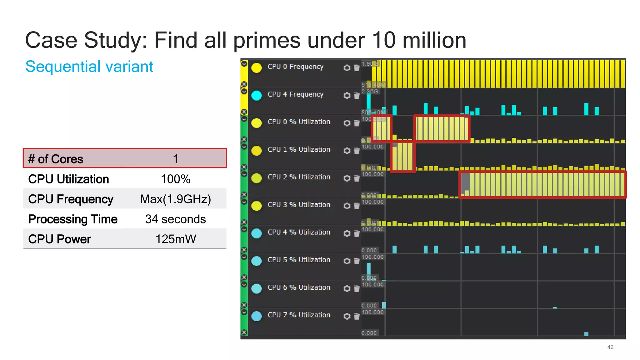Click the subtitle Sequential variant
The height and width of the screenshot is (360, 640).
click(89, 67)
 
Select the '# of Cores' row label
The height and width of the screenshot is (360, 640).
click(56, 159)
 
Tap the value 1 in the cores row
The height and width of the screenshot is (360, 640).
click(176, 159)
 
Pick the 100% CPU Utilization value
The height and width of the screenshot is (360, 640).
click(176, 179)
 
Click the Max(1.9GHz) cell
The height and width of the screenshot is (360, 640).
click(176, 199)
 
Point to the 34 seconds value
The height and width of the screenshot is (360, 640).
click(176, 219)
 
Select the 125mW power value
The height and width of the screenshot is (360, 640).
click(176, 239)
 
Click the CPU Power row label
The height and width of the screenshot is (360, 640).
click(59, 239)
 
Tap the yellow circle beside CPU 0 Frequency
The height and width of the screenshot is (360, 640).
click(257, 68)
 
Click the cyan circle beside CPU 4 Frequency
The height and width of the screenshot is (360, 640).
click(257, 95)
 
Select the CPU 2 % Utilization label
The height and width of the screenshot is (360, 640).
click(299, 177)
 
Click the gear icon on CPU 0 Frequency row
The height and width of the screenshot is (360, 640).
click(347, 68)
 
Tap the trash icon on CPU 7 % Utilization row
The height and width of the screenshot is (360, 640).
click(357, 316)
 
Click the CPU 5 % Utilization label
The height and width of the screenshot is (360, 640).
click(299, 260)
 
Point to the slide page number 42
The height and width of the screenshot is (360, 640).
click(610, 347)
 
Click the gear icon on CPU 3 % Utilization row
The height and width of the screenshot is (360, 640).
click(347, 206)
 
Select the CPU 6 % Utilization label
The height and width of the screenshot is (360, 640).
click(299, 287)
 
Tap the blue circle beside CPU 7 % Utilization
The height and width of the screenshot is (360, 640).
click(257, 316)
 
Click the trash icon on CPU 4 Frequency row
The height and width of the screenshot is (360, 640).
click(357, 95)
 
